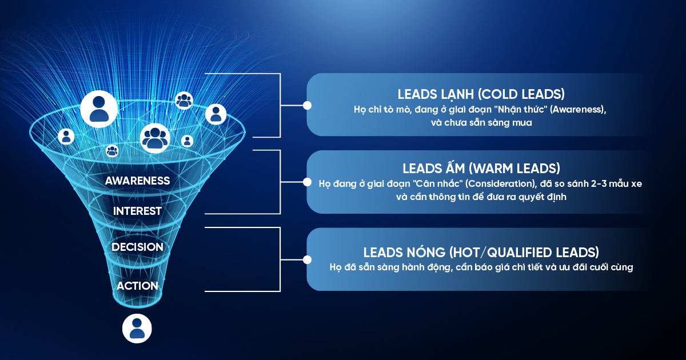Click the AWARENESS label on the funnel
(138, 181)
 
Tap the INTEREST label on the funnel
(137, 211)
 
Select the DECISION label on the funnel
(137, 247)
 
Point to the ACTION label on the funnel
(137, 286)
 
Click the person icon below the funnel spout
(137, 329)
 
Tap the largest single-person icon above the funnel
(99, 107)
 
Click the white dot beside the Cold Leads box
(307, 105)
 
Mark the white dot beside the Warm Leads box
(307, 182)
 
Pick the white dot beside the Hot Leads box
(307, 259)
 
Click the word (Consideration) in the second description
(497, 184)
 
